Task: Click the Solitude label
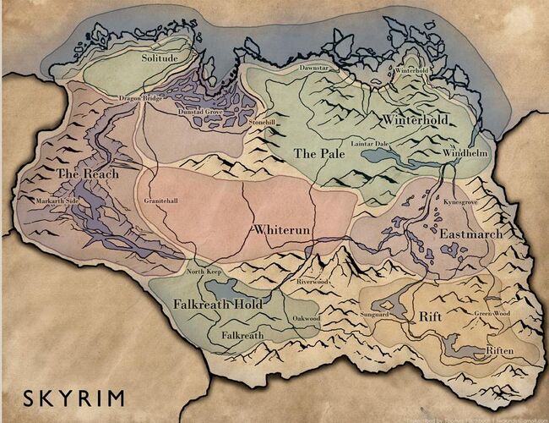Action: coord(160,58)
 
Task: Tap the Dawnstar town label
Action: coord(315,66)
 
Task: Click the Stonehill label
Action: coord(263,124)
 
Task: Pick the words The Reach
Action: coord(82,173)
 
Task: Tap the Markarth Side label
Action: coord(57,201)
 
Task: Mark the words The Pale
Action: coord(315,153)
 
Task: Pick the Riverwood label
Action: coord(313,281)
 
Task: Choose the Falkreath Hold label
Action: coord(217,304)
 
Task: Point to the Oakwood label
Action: coord(306,318)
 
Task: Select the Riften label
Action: coord(497,349)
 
